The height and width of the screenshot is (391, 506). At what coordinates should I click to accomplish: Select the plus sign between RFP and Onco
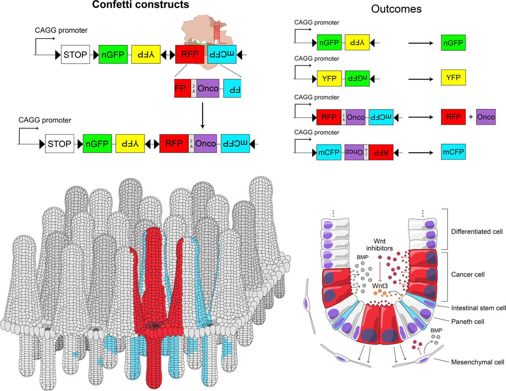tap(471, 115)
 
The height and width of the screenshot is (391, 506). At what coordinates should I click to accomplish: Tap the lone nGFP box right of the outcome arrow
tap(453, 43)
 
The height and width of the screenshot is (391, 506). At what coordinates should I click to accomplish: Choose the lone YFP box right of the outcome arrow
tap(453, 78)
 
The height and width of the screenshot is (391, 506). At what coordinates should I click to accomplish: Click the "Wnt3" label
tap(380, 285)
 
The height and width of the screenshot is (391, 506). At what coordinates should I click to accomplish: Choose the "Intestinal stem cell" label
tap(478, 308)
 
